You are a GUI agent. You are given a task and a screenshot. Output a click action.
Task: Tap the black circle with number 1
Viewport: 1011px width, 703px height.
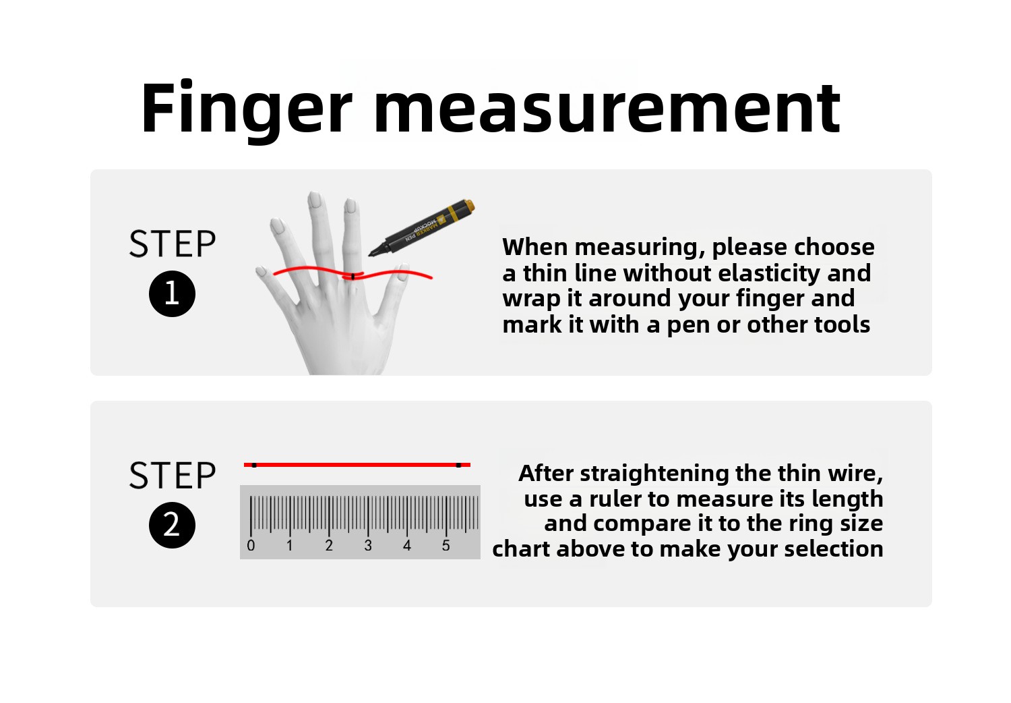(x=172, y=293)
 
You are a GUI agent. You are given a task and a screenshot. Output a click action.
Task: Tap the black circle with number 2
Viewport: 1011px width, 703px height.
(x=172, y=525)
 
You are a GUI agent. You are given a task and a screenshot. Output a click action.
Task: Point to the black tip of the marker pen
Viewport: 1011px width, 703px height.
(x=371, y=255)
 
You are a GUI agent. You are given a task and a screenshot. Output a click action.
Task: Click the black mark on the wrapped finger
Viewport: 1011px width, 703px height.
(x=353, y=275)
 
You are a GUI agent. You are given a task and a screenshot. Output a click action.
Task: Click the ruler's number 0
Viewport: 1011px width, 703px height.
(x=251, y=546)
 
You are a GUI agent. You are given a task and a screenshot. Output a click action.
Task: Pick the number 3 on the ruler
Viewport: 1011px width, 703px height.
(x=368, y=546)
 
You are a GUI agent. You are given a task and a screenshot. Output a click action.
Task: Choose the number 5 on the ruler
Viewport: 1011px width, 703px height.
(x=446, y=546)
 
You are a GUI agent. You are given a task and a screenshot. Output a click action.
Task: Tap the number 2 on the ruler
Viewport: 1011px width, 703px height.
(x=329, y=546)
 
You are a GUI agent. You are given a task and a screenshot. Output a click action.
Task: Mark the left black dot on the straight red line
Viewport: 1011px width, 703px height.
(x=254, y=465)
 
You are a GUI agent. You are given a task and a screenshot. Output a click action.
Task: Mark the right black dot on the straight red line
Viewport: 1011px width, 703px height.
(x=458, y=465)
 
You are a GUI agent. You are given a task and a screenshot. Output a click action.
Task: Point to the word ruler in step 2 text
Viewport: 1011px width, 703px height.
(x=615, y=499)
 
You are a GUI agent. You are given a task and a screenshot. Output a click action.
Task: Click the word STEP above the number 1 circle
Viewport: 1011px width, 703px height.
(x=173, y=244)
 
